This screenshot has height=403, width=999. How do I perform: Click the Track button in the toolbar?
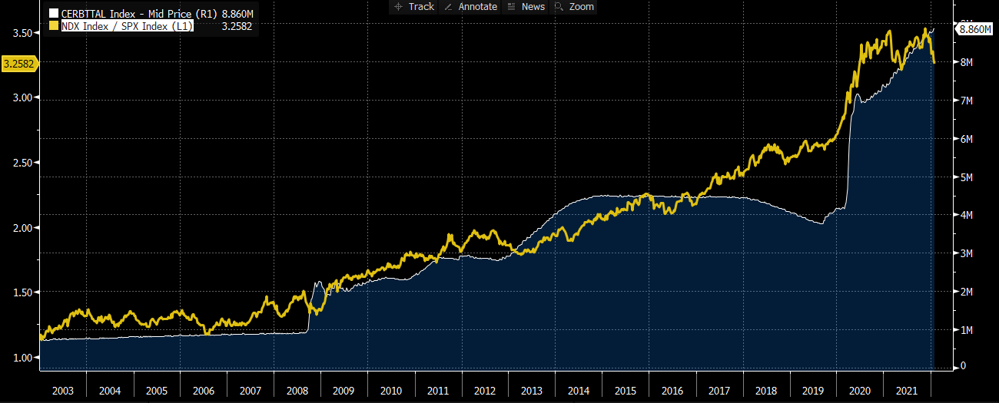[x=414, y=6]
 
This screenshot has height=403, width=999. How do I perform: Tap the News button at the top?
[x=526, y=6]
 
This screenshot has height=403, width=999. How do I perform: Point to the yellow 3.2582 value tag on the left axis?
[x=18, y=64]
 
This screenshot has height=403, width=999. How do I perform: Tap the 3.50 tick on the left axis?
[x=22, y=33]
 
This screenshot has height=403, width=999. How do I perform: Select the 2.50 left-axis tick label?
[x=22, y=163]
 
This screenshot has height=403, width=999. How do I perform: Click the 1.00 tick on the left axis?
[x=22, y=358]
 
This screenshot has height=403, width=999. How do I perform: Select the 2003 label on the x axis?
[x=62, y=390]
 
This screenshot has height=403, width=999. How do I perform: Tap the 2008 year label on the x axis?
[x=297, y=390]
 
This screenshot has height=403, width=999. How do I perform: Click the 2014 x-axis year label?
[x=579, y=390]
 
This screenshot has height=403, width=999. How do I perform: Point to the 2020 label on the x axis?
[x=860, y=390]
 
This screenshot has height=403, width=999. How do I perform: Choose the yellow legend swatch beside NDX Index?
[x=54, y=26]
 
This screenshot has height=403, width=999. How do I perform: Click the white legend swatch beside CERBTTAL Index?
[x=54, y=14]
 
